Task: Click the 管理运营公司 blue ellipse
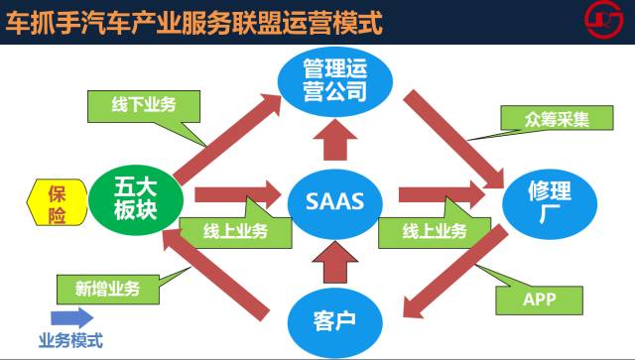click(335, 81)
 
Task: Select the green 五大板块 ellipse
click(136, 200)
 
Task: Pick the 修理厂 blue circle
click(550, 204)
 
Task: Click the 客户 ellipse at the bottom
click(335, 322)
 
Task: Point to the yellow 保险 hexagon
click(58, 202)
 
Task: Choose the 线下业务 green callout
click(144, 106)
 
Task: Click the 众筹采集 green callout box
click(557, 118)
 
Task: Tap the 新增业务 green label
click(108, 290)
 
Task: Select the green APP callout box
click(539, 300)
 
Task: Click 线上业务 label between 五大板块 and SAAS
click(235, 232)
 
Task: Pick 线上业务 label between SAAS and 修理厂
click(435, 232)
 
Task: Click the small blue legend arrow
click(72, 318)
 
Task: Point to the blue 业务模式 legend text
click(70, 340)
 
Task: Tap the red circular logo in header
click(604, 19)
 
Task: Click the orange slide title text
click(194, 22)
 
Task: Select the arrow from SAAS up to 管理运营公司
click(335, 140)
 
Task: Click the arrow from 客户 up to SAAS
click(335, 262)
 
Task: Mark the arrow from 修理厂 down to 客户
click(455, 272)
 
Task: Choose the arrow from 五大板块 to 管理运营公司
click(227, 139)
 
